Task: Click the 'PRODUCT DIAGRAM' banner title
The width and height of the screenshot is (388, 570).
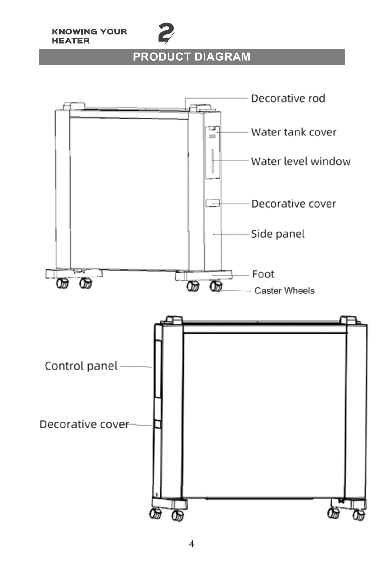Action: [x=192, y=57]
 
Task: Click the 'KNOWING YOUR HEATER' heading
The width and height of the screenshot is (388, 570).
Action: [x=89, y=36]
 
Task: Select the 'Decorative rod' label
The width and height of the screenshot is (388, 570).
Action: [x=288, y=98]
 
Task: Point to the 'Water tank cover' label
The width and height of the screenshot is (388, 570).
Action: [x=294, y=132]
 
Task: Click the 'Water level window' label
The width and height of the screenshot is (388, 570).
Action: [x=301, y=161]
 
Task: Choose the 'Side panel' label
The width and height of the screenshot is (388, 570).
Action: [x=278, y=234]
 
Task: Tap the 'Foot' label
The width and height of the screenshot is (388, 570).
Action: [x=263, y=274]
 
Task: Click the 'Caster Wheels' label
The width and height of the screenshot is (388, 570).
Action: [x=284, y=291]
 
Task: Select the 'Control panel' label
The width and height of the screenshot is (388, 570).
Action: [x=81, y=366]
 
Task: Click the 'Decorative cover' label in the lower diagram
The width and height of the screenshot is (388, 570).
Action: [x=84, y=424]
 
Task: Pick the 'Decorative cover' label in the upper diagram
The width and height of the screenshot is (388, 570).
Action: [x=294, y=204]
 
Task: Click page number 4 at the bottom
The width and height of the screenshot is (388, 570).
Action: [x=192, y=544]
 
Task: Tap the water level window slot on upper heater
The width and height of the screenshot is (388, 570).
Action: [x=212, y=161]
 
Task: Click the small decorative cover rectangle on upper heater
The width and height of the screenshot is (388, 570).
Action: [x=212, y=203]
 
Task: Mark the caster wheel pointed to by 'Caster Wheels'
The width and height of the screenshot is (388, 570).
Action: [x=216, y=286]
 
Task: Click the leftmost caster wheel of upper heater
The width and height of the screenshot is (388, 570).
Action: [x=62, y=283]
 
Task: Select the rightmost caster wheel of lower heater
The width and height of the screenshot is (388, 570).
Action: [x=359, y=515]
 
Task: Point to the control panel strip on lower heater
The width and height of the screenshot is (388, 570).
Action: [x=158, y=369]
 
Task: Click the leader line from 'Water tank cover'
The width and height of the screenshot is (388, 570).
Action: [x=233, y=132]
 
